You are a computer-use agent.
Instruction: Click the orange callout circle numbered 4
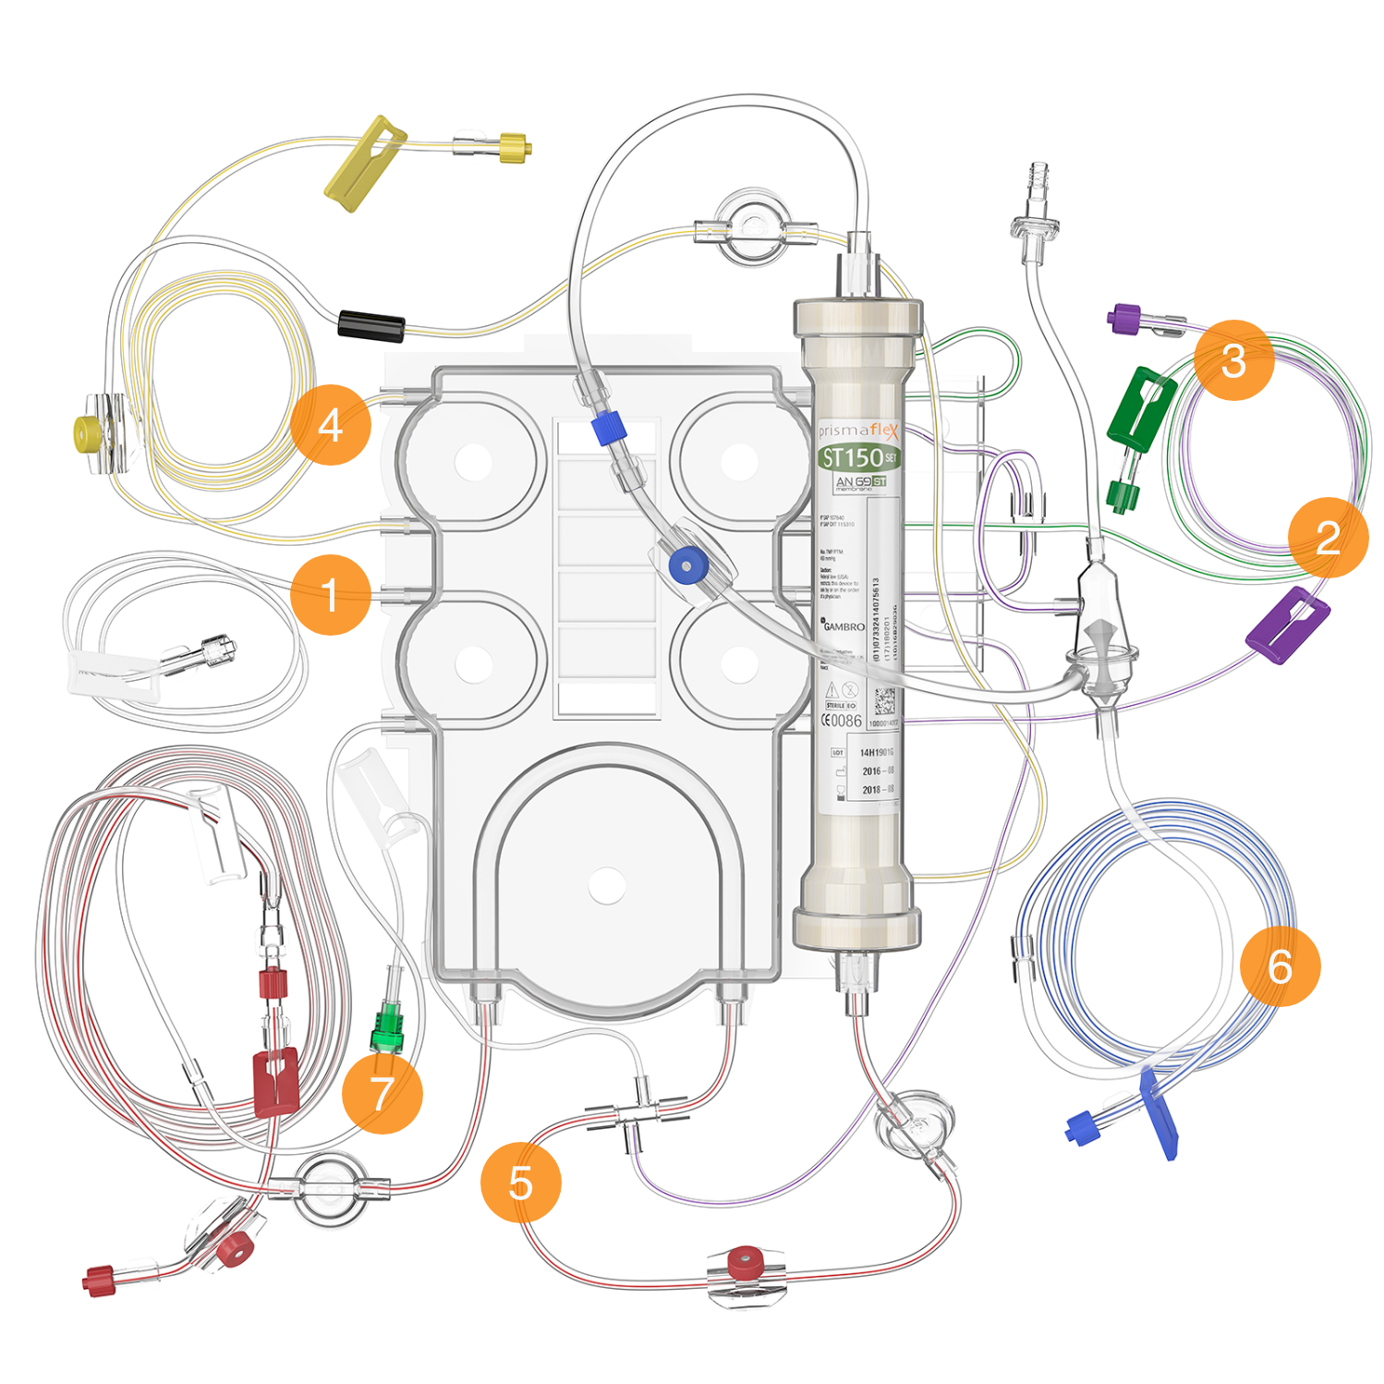331,425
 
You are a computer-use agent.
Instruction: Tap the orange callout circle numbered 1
331,594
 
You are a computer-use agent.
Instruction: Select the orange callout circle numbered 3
1233,360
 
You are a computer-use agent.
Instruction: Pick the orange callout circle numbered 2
1329,537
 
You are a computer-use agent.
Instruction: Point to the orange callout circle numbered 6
1280,965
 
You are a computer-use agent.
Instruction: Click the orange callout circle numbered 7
382,1093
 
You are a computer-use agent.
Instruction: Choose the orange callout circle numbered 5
521,1182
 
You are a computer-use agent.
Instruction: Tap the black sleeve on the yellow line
371,326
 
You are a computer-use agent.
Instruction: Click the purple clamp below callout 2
1288,624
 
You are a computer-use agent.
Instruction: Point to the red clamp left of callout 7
275,1081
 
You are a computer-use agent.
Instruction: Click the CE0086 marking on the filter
842,721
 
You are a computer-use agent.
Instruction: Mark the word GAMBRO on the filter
844,626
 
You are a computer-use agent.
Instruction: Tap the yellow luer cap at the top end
514,147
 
